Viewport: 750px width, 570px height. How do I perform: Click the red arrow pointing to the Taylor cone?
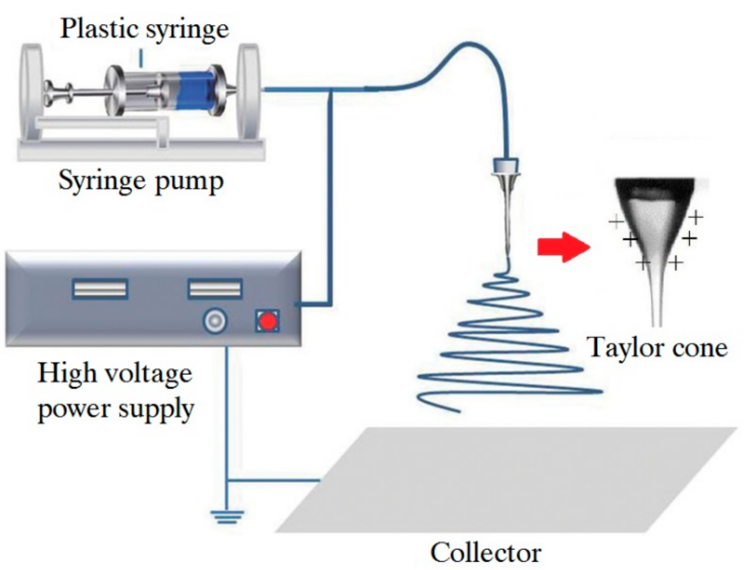(563, 247)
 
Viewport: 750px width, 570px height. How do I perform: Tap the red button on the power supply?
(268, 321)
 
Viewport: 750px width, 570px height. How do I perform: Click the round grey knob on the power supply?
(215, 320)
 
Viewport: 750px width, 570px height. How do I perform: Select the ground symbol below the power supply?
(227, 517)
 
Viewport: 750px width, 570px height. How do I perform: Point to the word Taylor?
(623, 348)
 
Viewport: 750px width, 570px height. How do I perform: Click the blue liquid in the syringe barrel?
(194, 91)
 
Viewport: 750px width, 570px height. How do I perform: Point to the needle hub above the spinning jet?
(506, 167)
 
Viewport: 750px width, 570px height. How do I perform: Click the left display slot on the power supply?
(100, 289)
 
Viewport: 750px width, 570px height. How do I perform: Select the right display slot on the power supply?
(215, 289)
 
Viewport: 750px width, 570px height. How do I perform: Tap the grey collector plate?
(506, 479)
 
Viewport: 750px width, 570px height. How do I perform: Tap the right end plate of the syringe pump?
(249, 92)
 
